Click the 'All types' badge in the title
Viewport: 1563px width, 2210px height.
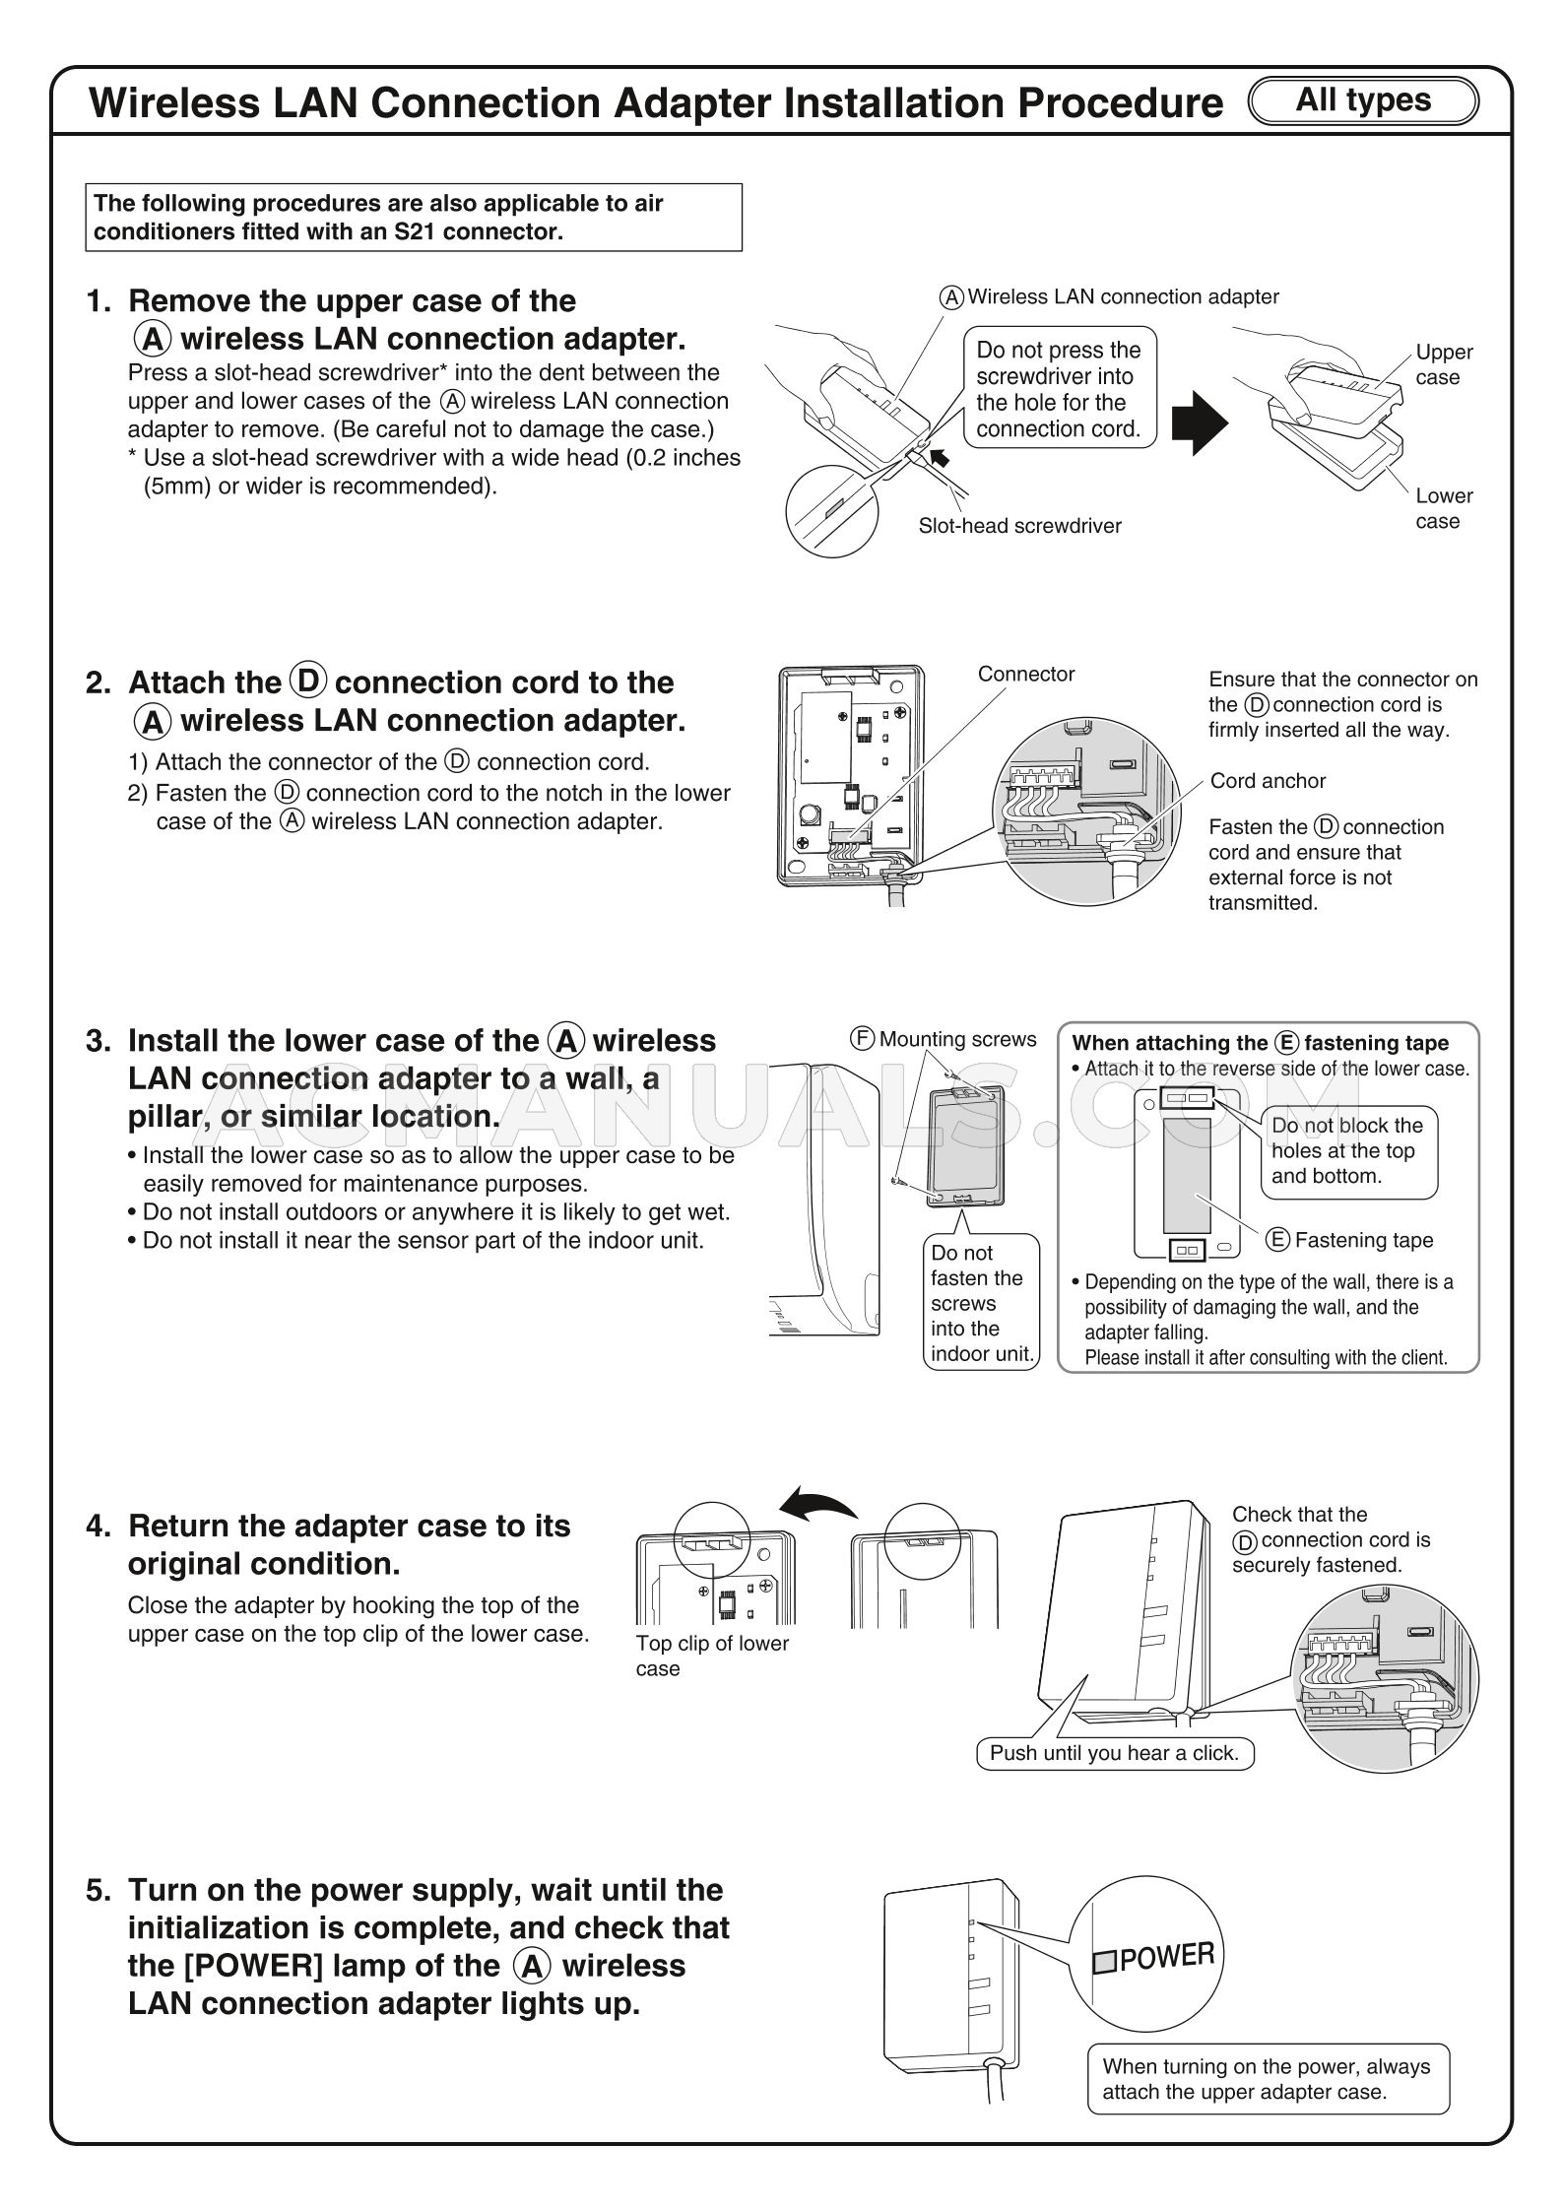click(1363, 100)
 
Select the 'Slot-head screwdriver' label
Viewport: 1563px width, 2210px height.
click(1019, 526)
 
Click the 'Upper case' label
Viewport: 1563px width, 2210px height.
click(1444, 364)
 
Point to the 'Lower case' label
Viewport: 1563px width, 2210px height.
click(1444, 508)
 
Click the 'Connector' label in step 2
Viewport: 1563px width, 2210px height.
click(1025, 674)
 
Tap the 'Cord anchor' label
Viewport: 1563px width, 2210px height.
click(1268, 781)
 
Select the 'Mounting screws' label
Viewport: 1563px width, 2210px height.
click(957, 1039)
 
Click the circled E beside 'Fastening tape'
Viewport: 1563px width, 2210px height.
click(1277, 1240)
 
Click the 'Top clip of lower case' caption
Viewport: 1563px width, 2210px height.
click(711, 1656)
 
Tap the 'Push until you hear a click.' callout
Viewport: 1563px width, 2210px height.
click(1114, 1753)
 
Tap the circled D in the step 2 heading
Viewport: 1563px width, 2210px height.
click(309, 682)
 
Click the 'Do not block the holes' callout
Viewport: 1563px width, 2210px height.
click(1347, 1150)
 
